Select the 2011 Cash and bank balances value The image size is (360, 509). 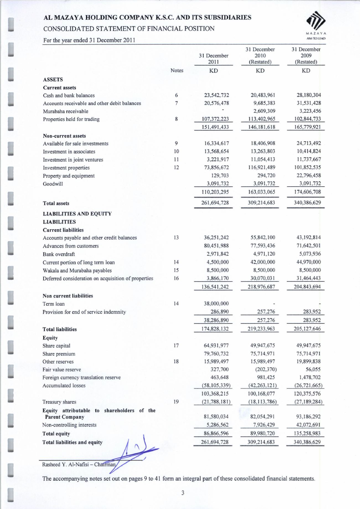216,95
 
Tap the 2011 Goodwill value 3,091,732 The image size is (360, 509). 217,184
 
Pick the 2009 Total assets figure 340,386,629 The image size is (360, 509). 307,202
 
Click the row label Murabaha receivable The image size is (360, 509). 66,111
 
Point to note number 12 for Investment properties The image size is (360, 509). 176,168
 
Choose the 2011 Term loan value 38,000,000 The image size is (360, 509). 216,304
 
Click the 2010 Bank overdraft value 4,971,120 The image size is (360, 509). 262,254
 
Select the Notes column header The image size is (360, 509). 177,71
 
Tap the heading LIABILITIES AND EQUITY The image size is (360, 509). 77,214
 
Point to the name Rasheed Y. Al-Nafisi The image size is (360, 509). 66,464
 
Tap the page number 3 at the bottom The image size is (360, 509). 183,493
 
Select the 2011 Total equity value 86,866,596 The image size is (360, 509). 216,433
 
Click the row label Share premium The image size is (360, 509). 59,354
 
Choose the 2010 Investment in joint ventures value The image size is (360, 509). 263,160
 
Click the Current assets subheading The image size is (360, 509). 59,88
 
